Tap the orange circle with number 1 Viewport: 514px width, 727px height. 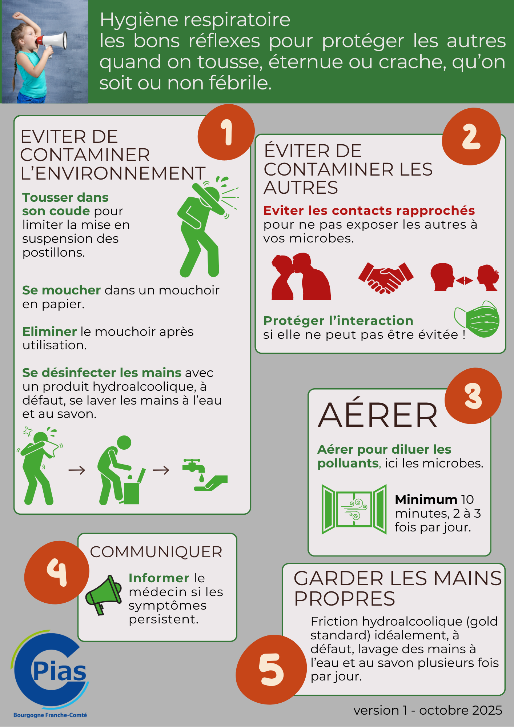pos(226,132)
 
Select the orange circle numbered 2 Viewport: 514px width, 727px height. pos(471,137)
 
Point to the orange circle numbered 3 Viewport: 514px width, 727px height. pos(473,396)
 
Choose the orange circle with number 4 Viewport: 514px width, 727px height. pos(57,573)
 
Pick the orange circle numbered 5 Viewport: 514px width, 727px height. pos(271,670)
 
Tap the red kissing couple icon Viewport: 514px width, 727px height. pos(301,276)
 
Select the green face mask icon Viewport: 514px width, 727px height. pos(477,319)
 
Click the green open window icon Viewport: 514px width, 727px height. pos(354,509)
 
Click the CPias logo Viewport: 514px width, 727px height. pos(50,674)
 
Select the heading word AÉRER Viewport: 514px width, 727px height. pos(378,415)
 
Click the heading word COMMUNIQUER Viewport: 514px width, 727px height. pos(156,552)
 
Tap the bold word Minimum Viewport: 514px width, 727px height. pos(426,499)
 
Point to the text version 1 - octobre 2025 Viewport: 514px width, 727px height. pos(428,710)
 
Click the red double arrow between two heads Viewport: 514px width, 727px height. pos(465,280)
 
